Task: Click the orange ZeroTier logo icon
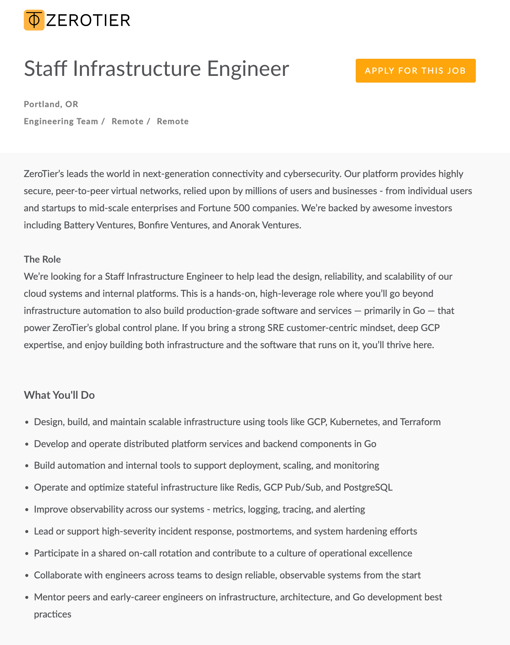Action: click(34, 20)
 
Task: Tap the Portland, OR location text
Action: click(51, 104)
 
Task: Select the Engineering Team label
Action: click(61, 121)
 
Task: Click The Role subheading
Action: click(42, 259)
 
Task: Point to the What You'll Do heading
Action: click(59, 395)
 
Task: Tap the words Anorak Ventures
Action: click(265, 225)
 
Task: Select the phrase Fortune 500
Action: click(224, 208)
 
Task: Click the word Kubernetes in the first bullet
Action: click(354, 422)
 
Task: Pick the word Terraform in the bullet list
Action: click(420, 422)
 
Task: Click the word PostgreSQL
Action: click(368, 487)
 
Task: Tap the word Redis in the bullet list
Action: click(248, 487)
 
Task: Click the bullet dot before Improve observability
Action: click(27, 510)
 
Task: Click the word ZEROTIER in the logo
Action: click(88, 20)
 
